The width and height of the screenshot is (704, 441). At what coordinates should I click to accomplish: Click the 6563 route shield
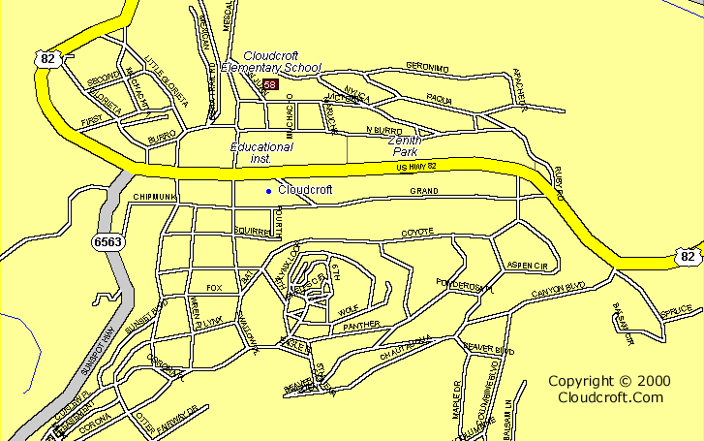pos(108,240)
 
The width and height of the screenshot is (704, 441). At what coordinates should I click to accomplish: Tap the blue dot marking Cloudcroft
pos(268,191)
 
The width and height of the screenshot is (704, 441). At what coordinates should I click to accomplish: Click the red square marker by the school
pos(270,85)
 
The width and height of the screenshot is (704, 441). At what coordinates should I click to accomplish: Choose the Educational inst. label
pos(260,152)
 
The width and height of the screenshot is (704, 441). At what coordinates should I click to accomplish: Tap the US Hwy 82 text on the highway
pos(417,169)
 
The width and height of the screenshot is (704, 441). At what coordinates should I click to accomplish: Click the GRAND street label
pos(424,192)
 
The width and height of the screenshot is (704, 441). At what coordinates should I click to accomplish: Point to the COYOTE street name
pos(417,233)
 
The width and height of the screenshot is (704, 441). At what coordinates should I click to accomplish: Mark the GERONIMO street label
pos(427,67)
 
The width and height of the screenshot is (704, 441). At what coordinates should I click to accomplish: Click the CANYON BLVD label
pos(559,289)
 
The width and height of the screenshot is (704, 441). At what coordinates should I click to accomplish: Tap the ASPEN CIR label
pos(527,266)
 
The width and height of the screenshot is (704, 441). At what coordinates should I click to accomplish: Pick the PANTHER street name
pos(360,325)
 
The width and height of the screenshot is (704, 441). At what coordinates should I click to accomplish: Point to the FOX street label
pos(214,288)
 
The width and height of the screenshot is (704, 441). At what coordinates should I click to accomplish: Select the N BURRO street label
pos(383,130)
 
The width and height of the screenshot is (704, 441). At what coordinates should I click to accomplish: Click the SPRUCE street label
pos(677,309)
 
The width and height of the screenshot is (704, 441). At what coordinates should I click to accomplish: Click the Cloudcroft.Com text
pos(610,397)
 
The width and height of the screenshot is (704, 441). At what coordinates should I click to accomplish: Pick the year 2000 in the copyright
pos(655,382)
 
